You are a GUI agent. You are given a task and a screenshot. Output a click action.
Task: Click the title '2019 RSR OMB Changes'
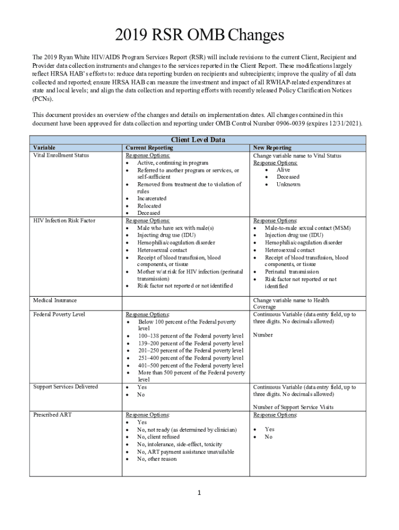(x=199, y=35)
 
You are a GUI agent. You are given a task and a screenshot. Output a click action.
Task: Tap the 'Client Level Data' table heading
(x=198, y=140)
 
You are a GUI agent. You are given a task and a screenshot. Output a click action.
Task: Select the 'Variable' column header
(x=44, y=148)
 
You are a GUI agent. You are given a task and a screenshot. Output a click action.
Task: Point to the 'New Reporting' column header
(x=272, y=148)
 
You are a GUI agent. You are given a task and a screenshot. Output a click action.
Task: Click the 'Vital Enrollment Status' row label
(x=61, y=155)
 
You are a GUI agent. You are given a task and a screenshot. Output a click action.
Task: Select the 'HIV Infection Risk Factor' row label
(x=64, y=220)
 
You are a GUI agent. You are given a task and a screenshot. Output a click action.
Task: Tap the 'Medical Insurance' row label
(x=55, y=300)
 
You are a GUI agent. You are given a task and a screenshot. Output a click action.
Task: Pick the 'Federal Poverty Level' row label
(x=59, y=314)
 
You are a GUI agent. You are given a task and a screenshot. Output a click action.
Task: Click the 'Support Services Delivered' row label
(x=65, y=387)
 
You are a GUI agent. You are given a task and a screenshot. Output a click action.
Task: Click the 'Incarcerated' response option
(x=152, y=198)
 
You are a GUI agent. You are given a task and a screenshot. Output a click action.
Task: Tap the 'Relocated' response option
(x=149, y=205)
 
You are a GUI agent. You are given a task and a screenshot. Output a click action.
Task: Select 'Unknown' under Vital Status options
(x=288, y=184)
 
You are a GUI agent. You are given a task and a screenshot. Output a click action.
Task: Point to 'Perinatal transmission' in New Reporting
(x=292, y=272)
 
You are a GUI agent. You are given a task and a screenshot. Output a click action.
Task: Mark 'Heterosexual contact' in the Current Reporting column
(x=162, y=249)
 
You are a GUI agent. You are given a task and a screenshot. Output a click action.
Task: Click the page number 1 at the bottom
(x=199, y=492)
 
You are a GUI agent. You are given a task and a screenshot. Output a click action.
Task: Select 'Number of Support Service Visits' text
(x=293, y=407)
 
